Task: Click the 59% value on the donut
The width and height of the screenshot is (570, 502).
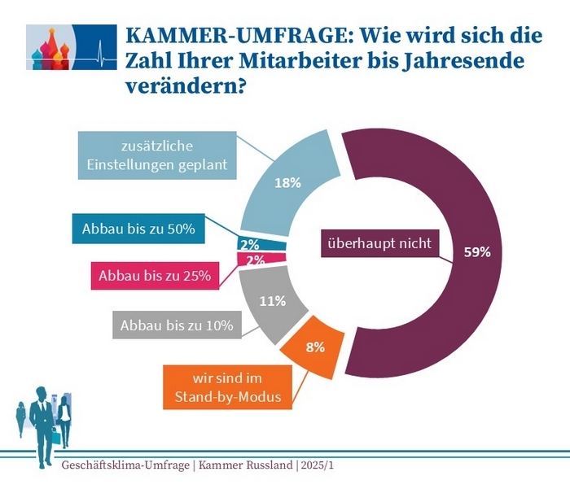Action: [477, 251]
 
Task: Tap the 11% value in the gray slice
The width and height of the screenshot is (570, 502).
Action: [272, 301]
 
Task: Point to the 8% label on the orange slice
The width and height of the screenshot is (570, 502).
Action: [314, 347]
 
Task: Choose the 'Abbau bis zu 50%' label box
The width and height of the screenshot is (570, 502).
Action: [138, 229]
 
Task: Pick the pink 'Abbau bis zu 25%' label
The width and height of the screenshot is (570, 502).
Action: [155, 276]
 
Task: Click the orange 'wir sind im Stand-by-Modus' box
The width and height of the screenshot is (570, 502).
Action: [221, 386]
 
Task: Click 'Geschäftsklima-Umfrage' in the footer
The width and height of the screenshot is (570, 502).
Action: [124, 465]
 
